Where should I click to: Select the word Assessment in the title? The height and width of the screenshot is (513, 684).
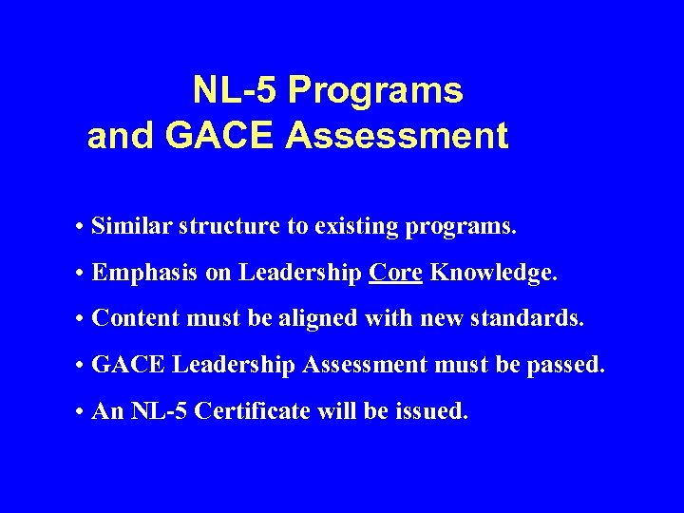point(396,136)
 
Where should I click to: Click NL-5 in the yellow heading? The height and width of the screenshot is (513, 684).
point(236,91)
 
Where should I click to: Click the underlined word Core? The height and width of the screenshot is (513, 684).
point(396,274)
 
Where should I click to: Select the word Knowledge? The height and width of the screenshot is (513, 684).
point(493,274)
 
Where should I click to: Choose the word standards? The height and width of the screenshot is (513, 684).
point(530,318)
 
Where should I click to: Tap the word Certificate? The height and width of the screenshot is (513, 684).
point(264,411)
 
